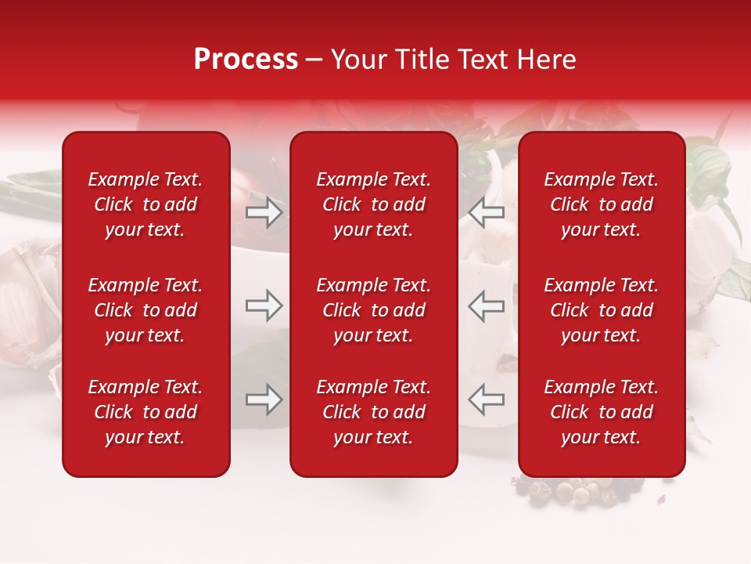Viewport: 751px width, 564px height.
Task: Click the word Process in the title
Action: [x=246, y=60]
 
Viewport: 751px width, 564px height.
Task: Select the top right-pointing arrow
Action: [x=264, y=212]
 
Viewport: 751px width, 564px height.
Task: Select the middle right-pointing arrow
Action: [x=264, y=305]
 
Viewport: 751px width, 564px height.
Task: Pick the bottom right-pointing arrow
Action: [x=264, y=399]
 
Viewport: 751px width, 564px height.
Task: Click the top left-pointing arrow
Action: [x=486, y=212]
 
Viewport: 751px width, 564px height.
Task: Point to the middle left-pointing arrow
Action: [x=486, y=305]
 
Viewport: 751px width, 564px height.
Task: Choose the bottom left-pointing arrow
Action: [x=486, y=399]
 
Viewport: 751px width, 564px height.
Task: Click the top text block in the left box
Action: [x=146, y=204]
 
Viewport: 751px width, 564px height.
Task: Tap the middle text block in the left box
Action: [x=146, y=310]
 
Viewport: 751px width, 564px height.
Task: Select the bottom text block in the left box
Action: [x=146, y=412]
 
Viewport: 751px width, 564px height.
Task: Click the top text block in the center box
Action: [x=373, y=204]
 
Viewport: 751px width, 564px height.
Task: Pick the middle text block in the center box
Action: [x=373, y=310]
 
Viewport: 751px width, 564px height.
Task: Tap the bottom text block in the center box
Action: [x=373, y=412]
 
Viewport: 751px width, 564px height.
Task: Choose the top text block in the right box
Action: [x=601, y=204]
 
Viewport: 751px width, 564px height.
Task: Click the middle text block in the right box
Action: [x=601, y=310]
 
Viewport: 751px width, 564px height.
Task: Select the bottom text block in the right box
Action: [x=601, y=412]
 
